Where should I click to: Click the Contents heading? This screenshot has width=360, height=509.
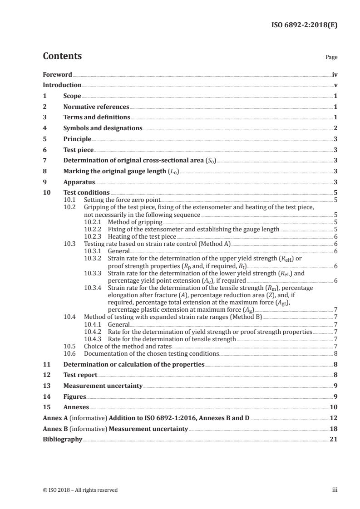[x=62, y=56]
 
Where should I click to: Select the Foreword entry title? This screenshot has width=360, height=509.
[x=57, y=74]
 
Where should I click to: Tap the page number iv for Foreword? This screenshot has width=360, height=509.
[x=335, y=74]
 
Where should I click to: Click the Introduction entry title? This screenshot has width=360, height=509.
[x=62, y=85]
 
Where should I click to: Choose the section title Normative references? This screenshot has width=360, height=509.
[x=96, y=107]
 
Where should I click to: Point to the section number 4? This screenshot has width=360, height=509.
[x=44, y=128]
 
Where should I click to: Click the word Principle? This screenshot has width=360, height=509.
[x=77, y=139]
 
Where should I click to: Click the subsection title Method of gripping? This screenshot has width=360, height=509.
[x=135, y=222]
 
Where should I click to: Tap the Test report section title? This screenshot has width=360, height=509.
[x=80, y=375]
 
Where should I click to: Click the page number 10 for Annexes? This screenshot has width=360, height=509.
[x=334, y=407]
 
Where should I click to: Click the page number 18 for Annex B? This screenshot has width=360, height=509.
[x=334, y=429]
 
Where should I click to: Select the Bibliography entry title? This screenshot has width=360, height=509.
[x=62, y=439]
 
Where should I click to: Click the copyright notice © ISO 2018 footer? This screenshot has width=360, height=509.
[x=80, y=490]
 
